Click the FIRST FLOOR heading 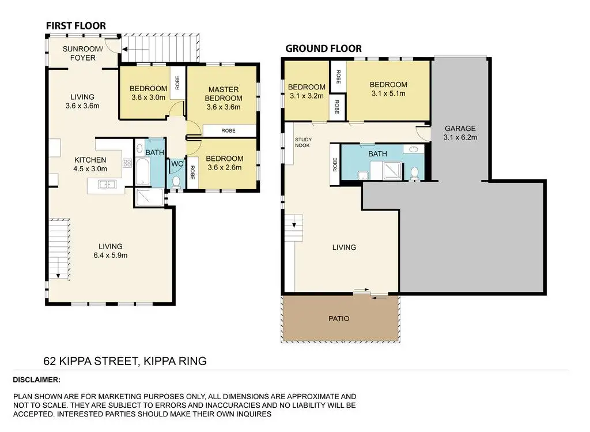pos(76,25)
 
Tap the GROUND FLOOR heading pos(324,48)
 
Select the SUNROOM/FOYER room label pos(83,53)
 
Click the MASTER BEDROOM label pos(224,94)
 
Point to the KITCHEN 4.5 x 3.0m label pos(90,164)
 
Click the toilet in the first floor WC pos(176,182)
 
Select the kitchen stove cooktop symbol pos(127,163)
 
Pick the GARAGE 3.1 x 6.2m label pos(460,133)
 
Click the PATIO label pos(339,318)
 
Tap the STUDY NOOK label pos(303,142)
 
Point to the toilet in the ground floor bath pos(415,174)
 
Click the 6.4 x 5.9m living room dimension pos(111,256)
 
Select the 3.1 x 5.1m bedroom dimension pos(388,93)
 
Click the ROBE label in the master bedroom pos(228,131)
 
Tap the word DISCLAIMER pos(36,380)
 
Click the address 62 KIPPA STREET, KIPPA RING pos(125,361)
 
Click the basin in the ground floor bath pos(413,149)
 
